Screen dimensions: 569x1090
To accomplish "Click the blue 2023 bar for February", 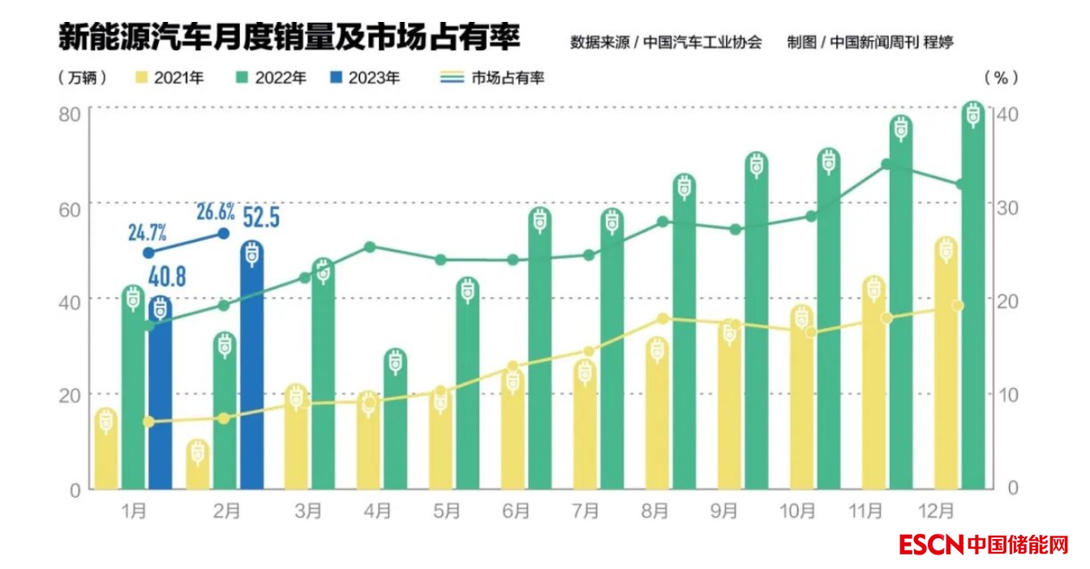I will coord(251,373).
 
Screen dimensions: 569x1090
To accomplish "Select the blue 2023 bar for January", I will coord(161,398).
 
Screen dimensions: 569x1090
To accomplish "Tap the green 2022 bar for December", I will coord(973,300).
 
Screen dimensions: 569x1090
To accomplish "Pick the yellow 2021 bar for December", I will coord(945,365).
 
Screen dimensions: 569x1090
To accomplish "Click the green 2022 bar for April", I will coord(395,422).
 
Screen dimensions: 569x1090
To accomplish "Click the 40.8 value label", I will coord(167,277).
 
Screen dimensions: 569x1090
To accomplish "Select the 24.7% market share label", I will coord(147,234).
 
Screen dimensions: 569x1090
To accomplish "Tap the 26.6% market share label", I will coord(216,213).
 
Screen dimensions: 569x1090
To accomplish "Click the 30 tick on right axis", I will coord(1007,206).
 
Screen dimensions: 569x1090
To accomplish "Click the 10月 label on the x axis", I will coord(797,511).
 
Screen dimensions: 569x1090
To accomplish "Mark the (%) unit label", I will coord(1001,78).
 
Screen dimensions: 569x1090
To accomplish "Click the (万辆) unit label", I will coord(84,78).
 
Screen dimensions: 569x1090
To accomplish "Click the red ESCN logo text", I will coord(930,544).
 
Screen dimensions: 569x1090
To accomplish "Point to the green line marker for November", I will coord(886,165).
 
